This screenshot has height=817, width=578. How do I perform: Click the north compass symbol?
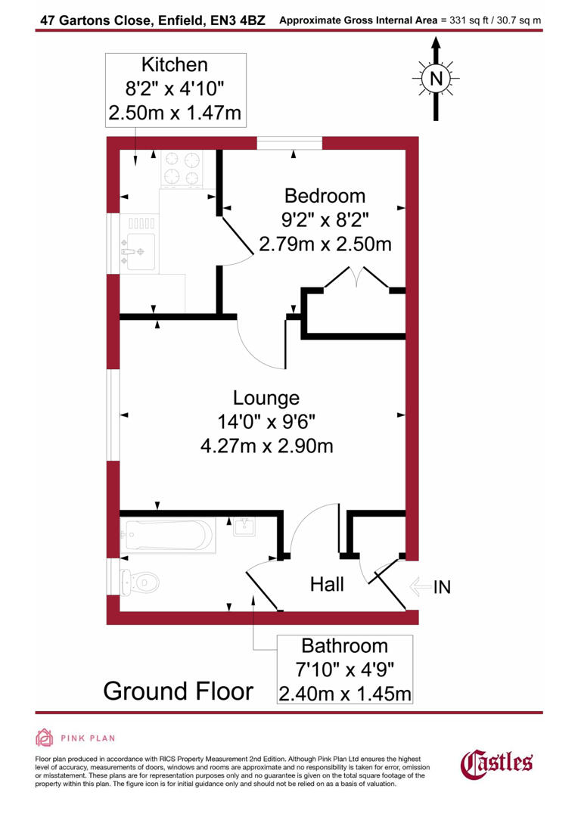click(435, 78)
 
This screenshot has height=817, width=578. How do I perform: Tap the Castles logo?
click(497, 763)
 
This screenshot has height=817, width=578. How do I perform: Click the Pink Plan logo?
click(75, 738)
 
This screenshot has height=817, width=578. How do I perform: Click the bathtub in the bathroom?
click(168, 536)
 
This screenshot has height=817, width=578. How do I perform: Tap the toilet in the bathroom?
click(140, 581)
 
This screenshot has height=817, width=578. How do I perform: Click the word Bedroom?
click(325, 196)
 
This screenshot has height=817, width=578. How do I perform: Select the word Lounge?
click(266, 398)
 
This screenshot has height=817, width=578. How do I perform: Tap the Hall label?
click(327, 584)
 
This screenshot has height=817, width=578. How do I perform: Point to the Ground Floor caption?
click(178, 691)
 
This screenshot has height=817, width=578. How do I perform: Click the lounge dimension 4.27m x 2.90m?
click(266, 446)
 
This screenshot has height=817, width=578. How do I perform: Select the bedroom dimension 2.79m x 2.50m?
click(325, 244)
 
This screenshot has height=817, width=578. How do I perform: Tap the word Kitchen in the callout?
click(176, 65)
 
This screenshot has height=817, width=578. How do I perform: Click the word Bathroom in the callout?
click(344, 646)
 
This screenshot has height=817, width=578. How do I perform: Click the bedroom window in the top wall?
click(289, 143)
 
